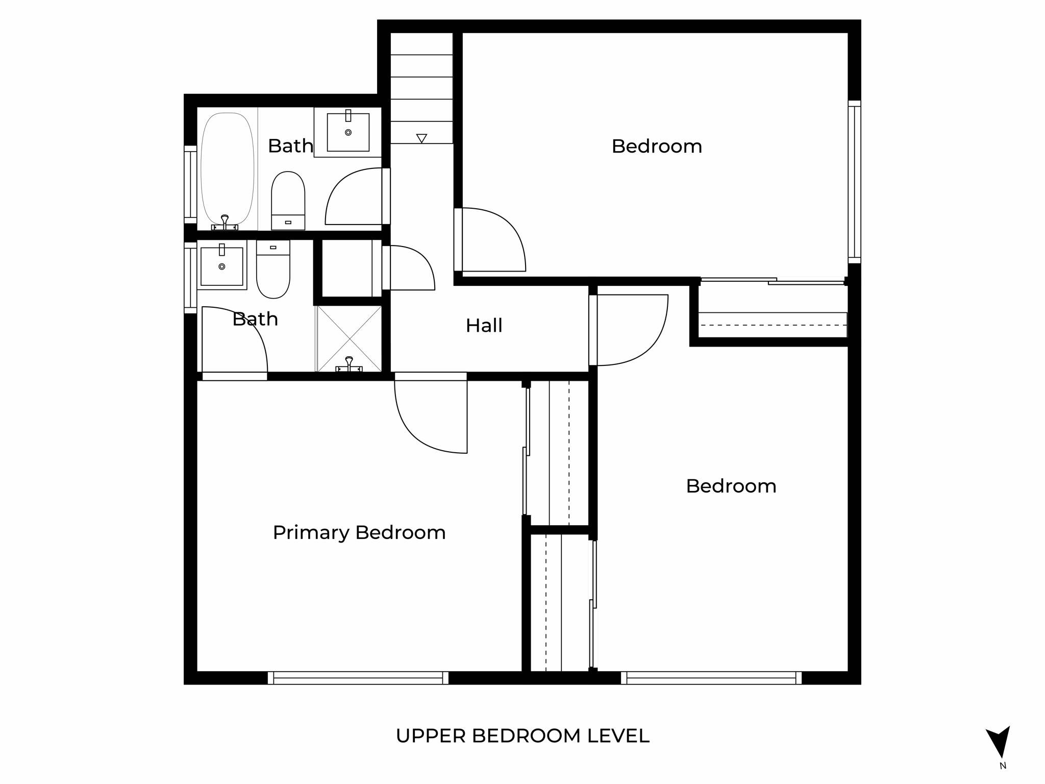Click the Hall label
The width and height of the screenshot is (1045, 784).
484,326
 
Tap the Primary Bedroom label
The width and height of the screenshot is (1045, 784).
359,532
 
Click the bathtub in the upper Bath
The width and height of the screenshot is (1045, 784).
227,168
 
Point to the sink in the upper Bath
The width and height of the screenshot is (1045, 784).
348,132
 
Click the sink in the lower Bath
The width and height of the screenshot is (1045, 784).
221,266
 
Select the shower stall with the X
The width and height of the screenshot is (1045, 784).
349,338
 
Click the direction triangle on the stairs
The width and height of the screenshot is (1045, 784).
421,138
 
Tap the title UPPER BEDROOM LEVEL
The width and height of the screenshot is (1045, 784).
522,736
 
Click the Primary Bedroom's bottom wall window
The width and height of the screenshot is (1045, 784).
358,678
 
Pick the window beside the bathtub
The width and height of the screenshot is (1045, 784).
190,184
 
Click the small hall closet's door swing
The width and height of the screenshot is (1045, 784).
411,268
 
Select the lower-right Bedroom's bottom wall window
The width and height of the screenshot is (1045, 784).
711,678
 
